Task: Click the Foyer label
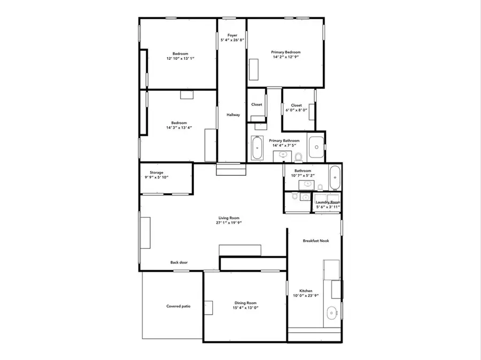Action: click(x=232, y=35)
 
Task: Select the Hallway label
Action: click(x=233, y=115)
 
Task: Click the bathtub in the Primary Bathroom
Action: click(x=257, y=147)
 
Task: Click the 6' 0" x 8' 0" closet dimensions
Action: click(x=296, y=111)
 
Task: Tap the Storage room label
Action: click(x=157, y=173)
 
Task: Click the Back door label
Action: click(x=179, y=262)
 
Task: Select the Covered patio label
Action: click(x=178, y=306)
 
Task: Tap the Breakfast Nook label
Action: click(x=316, y=241)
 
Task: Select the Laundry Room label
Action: click(x=328, y=202)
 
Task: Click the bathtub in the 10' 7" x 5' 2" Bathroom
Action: click(x=335, y=177)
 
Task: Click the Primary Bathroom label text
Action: click(x=284, y=140)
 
